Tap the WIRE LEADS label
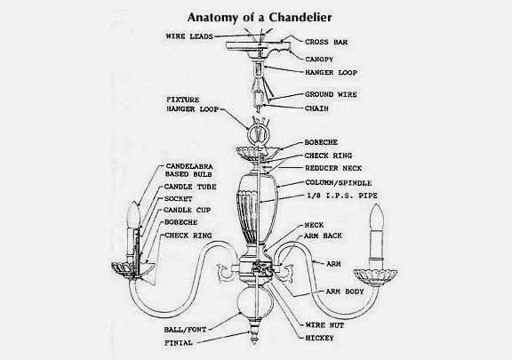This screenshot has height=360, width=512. (x=189, y=36)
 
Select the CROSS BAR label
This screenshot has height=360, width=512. (x=326, y=42)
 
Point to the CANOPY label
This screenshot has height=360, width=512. (x=319, y=60)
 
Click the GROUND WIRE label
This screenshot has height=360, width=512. (x=331, y=94)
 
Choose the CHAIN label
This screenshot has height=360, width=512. (x=316, y=108)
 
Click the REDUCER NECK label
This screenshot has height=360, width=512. (x=333, y=168)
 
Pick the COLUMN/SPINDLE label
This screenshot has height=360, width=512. (x=339, y=183)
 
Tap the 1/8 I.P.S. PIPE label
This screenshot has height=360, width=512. (x=342, y=196)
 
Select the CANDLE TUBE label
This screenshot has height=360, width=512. (x=190, y=187)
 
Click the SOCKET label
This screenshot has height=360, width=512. (x=178, y=199)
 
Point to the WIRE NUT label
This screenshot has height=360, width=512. (x=324, y=325)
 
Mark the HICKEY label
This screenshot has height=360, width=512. (x=319, y=338)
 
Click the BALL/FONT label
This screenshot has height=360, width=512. (x=185, y=330)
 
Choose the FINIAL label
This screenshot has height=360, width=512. (x=179, y=343)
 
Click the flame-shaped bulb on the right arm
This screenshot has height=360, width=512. (x=377, y=217)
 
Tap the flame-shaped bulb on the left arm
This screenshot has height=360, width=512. (x=133, y=214)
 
